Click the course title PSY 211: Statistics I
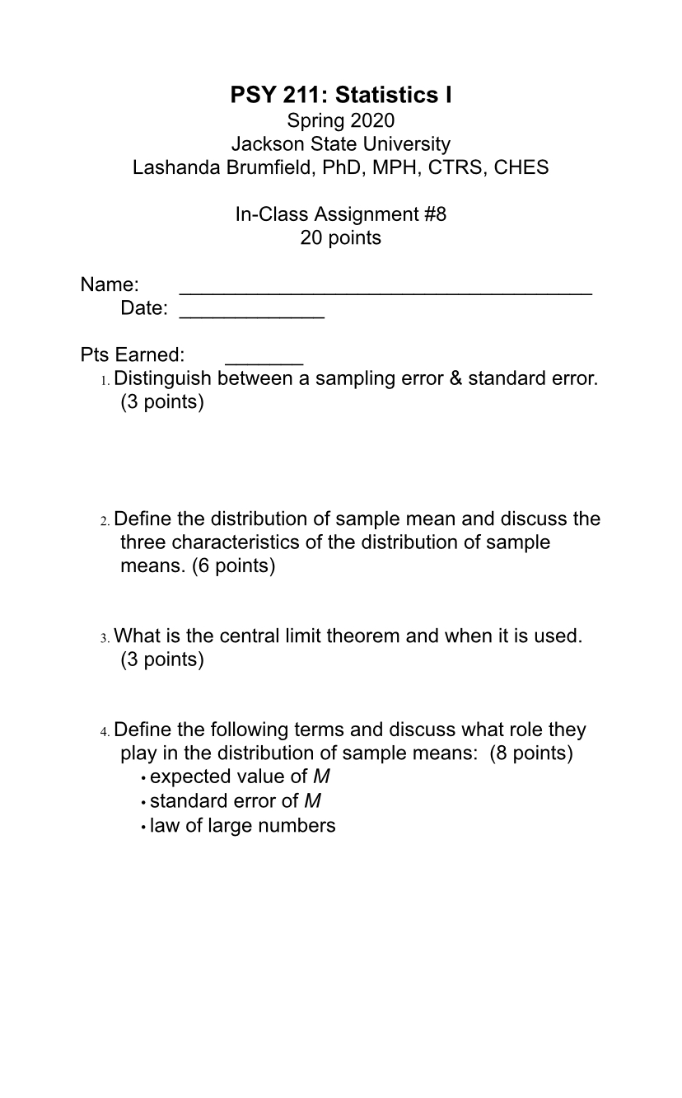[341, 96]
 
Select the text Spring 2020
[341, 121]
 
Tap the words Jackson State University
[341, 144]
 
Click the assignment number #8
[436, 215]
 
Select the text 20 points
[341, 238]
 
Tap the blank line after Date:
[252, 314]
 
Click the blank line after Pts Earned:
[264, 360]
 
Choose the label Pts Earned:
[133, 355]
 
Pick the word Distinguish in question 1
[162, 379]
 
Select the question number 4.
[105, 731]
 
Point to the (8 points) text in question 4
[531, 753]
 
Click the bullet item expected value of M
[240, 777]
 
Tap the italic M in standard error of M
[312, 801]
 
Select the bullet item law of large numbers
[242, 825]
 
